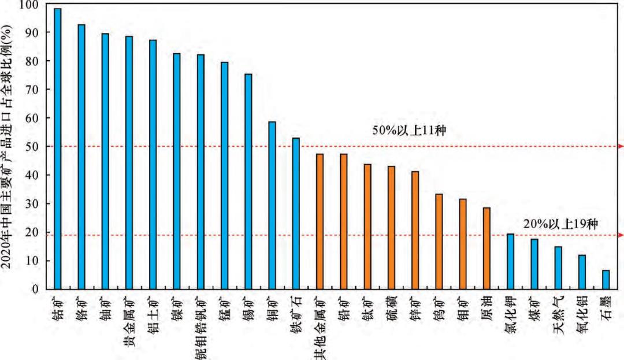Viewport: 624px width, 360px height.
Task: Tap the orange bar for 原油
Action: (486, 248)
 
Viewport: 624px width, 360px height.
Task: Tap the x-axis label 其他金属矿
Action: (320, 327)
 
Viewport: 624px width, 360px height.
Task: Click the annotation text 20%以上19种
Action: (560, 224)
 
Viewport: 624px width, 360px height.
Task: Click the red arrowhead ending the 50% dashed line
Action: (621, 146)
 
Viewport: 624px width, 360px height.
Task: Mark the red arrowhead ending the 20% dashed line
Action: (621, 235)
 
